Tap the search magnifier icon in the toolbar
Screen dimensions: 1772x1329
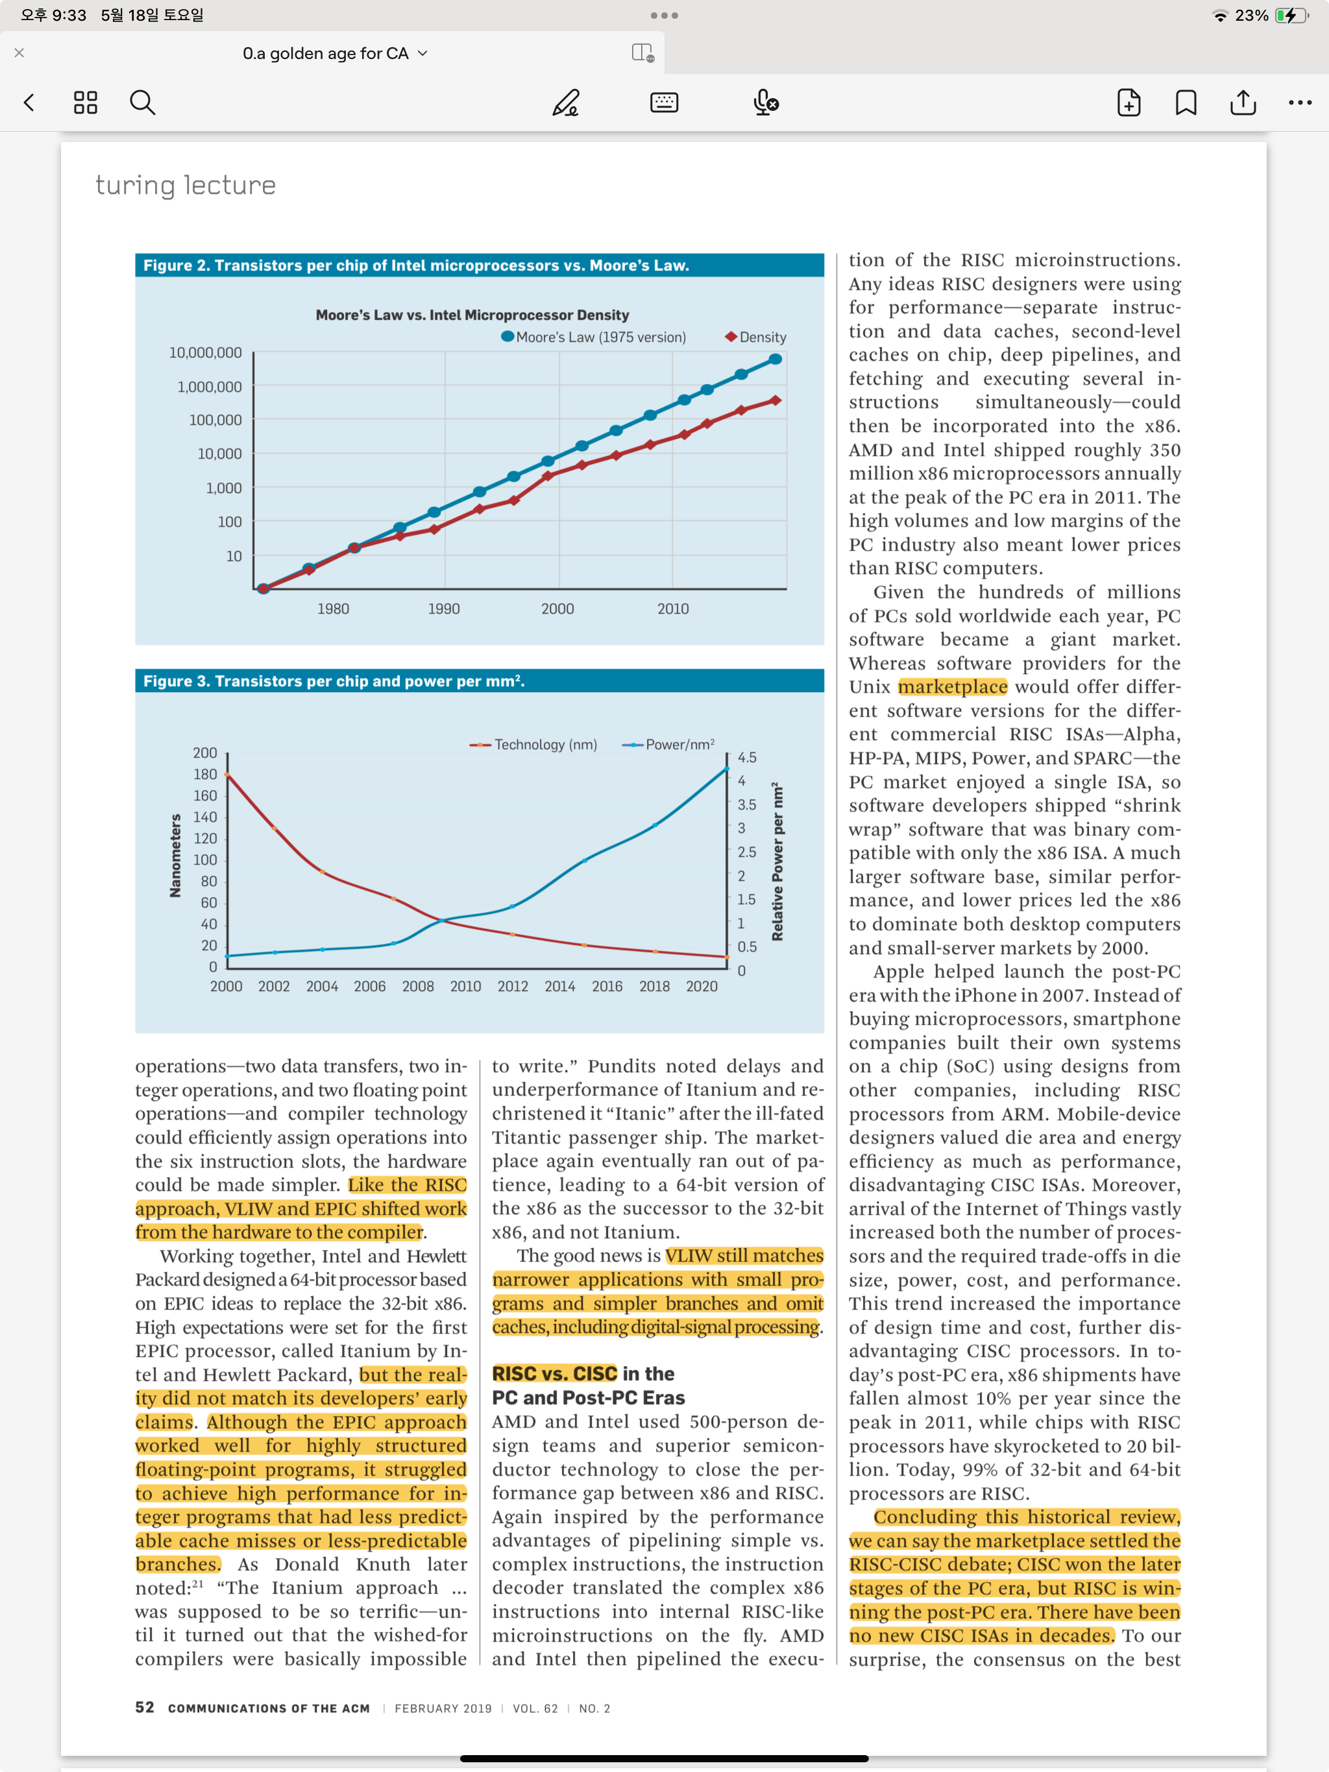(143, 102)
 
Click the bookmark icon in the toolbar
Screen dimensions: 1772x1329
(1186, 102)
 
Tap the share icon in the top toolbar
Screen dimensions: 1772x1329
(1243, 102)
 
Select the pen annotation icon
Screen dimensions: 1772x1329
(566, 102)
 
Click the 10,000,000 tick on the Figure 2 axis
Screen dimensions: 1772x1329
(205, 353)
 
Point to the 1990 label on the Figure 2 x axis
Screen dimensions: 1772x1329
(443, 610)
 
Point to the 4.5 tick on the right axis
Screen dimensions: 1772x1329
(746, 758)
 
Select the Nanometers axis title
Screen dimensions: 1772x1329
(176, 856)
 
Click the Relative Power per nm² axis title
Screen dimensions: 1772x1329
(777, 862)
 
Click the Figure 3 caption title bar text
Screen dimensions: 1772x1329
(334, 682)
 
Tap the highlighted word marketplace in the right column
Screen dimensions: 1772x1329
(952, 688)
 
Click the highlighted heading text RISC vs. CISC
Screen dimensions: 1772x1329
(554, 1374)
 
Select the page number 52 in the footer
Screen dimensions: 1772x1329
(144, 1707)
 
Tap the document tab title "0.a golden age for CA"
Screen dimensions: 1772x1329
(326, 54)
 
